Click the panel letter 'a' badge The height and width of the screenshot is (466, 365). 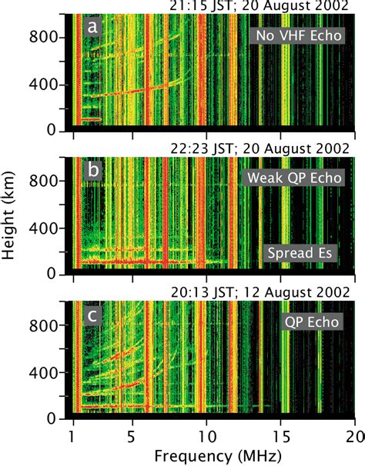point(93,27)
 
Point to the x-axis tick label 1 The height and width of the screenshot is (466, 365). point(73,434)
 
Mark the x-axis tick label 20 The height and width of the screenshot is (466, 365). point(353,434)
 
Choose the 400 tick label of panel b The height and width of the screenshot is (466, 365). point(47,228)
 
